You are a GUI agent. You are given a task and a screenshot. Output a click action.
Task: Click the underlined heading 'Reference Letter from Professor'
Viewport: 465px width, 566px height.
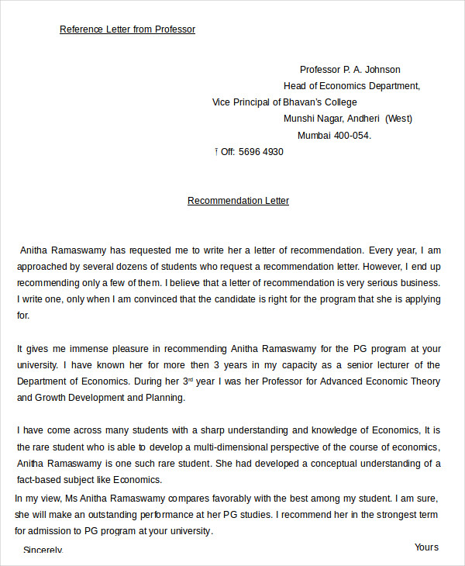127,29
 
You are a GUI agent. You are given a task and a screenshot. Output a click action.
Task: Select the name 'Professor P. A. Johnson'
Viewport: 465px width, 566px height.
350,70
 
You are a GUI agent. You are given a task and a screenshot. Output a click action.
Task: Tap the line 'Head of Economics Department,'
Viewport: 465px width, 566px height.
352,86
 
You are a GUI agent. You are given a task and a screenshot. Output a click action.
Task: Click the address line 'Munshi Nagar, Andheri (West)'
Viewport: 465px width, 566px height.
348,119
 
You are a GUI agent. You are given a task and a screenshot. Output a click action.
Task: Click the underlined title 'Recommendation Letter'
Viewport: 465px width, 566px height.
238,201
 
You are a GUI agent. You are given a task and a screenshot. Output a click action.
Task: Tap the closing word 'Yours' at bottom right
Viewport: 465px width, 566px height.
426,547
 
